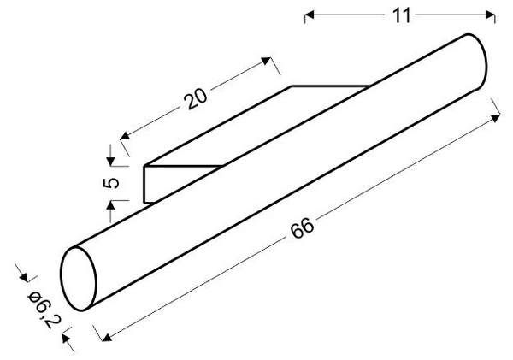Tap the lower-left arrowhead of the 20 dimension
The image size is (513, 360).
125,134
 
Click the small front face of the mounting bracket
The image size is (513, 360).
148,185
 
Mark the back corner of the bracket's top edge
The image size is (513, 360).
292,86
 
